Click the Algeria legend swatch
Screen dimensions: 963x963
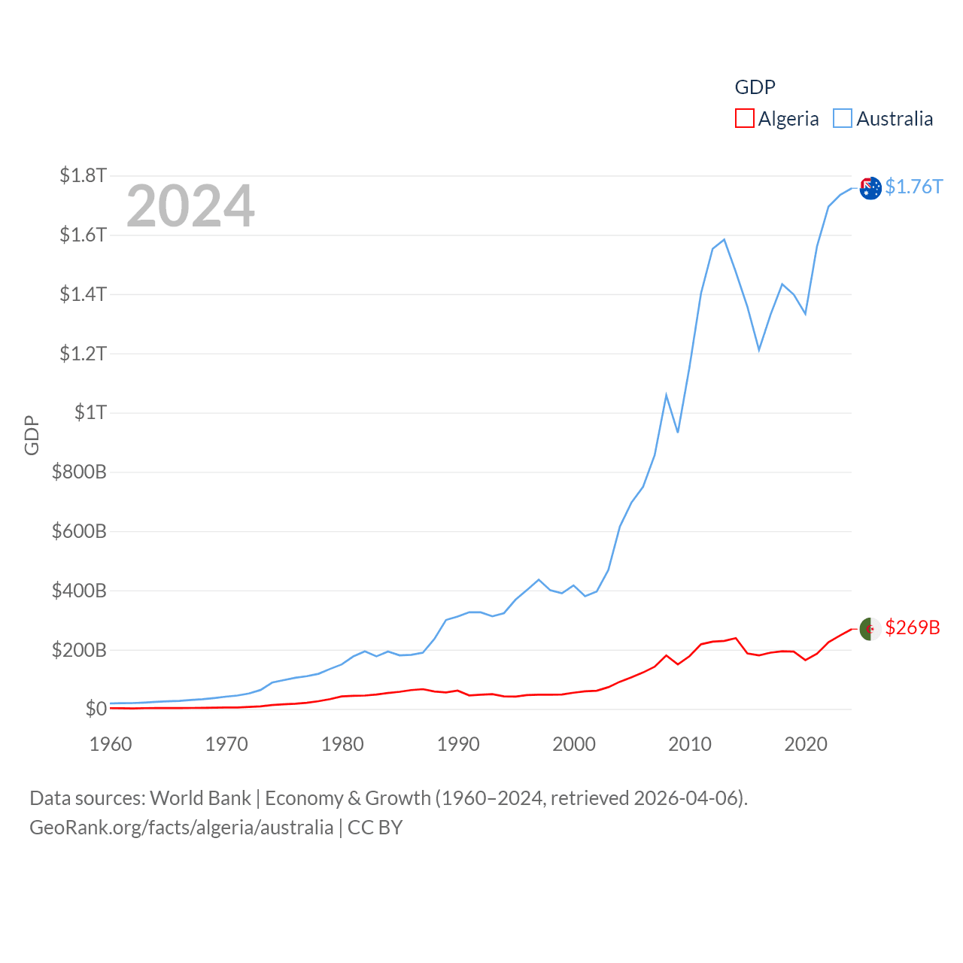(x=744, y=119)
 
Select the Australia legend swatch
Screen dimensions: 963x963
(x=843, y=119)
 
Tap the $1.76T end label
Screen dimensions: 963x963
(x=913, y=187)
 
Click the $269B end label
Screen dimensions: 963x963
(x=912, y=627)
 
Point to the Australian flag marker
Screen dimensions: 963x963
(x=870, y=188)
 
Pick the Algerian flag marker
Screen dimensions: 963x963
(x=870, y=629)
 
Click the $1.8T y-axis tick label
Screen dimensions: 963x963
(x=83, y=175)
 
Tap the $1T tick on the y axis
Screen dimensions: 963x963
(x=90, y=412)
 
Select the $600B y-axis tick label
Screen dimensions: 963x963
(x=79, y=531)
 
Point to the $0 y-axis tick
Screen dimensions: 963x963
(x=96, y=709)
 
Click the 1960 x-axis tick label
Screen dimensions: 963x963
(x=111, y=744)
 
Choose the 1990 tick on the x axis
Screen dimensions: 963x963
(x=458, y=744)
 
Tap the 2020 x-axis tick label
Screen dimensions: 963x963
(x=806, y=744)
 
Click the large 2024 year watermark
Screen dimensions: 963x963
(x=190, y=206)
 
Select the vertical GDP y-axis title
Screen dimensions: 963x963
(x=32, y=435)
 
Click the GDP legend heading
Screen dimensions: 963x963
(x=755, y=87)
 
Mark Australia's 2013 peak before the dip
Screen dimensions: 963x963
(x=724, y=240)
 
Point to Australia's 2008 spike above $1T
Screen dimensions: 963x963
(x=666, y=394)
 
